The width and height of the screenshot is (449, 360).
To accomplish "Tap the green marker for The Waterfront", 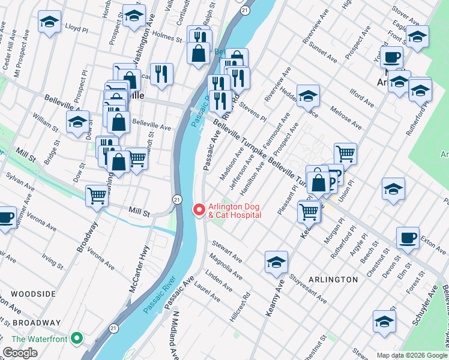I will [76, 338].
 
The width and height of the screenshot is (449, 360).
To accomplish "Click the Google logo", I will [20, 353].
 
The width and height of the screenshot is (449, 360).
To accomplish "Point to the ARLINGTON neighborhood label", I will [333, 280].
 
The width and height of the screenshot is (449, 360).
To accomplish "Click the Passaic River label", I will [158, 296].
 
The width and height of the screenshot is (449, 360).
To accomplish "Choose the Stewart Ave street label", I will [227, 251].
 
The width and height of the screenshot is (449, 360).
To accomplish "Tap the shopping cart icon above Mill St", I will [97, 195].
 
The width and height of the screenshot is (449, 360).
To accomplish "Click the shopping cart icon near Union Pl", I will [345, 154].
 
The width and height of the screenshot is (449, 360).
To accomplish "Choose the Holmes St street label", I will [167, 37].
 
